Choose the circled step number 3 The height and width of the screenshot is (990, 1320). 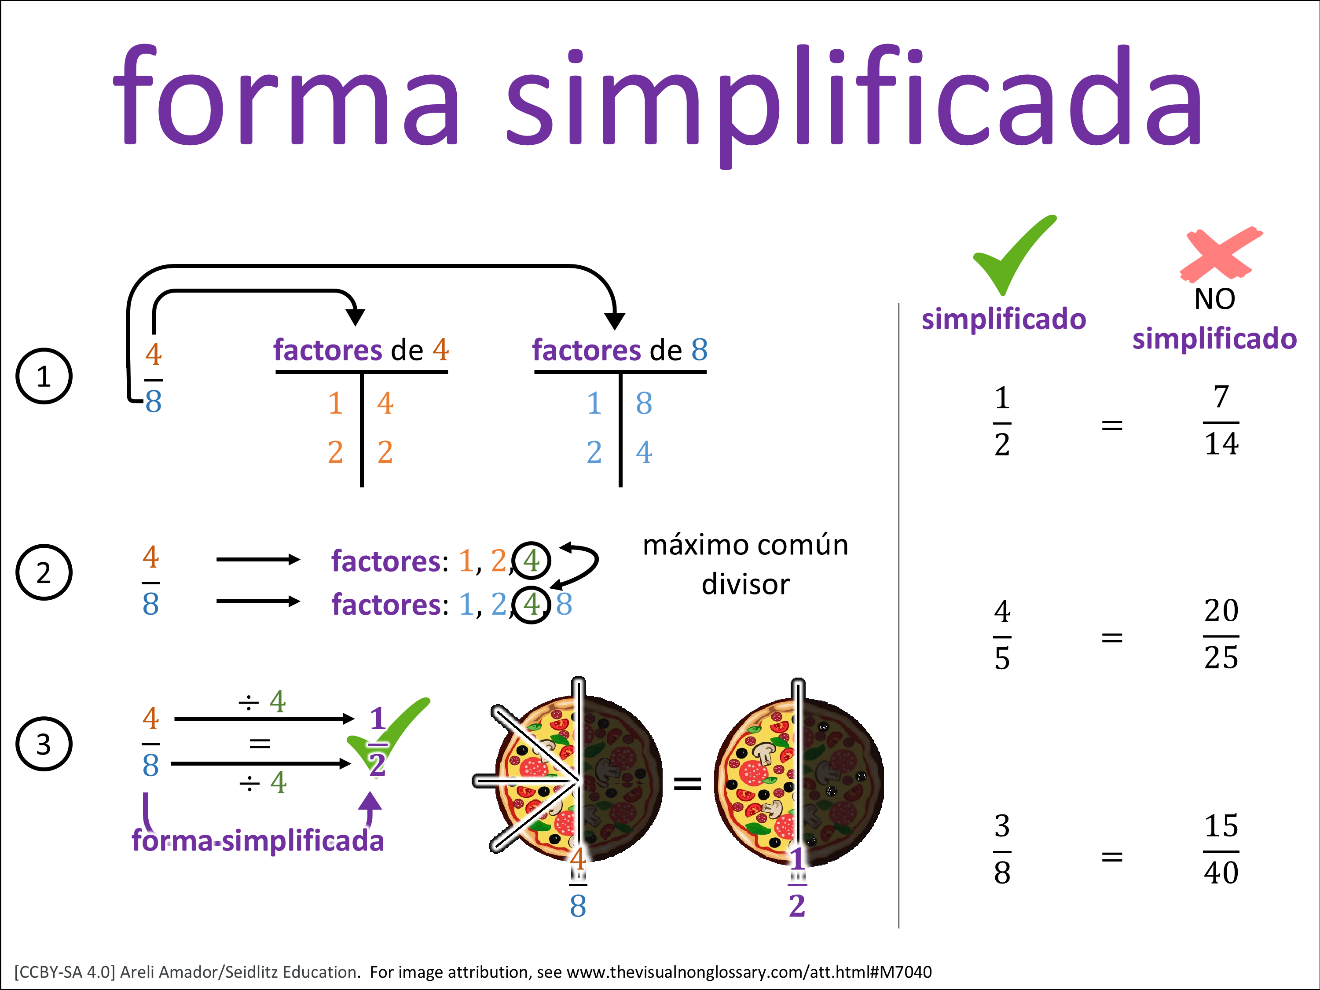[x=44, y=744]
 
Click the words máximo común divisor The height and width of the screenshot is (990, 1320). [x=745, y=565]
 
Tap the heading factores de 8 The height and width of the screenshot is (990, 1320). [x=620, y=350]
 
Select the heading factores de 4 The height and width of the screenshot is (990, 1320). [x=360, y=350]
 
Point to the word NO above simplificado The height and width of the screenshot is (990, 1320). [x=1214, y=299]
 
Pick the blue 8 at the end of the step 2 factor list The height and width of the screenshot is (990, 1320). [x=564, y=605]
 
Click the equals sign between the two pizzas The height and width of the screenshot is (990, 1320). [x=687, y=784]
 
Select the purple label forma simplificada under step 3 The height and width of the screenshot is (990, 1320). [x=257, y=841]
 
